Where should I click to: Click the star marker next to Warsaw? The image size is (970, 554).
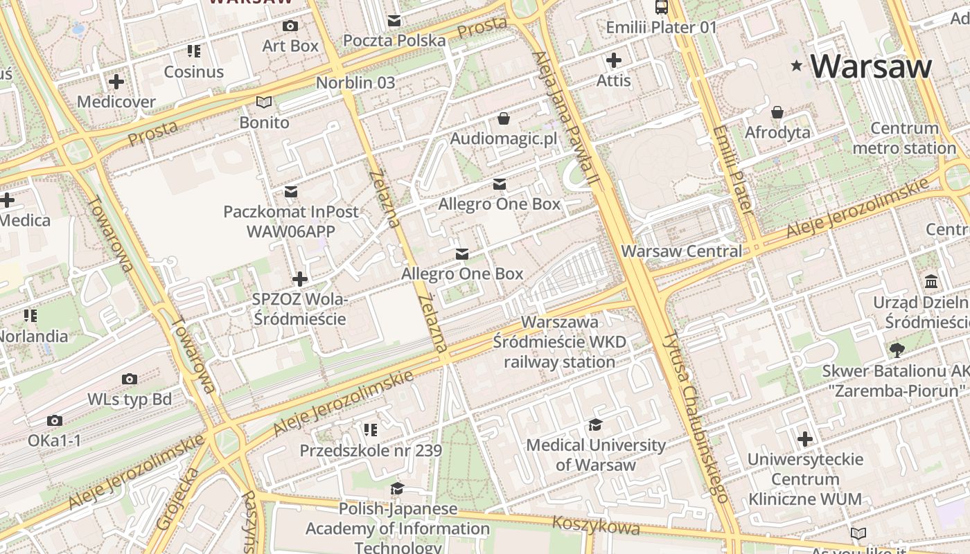point(797,66)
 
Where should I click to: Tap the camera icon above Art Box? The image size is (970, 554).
point(290,26)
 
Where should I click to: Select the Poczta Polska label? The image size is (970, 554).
point(394,40)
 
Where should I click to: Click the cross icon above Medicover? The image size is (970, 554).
point(116,82)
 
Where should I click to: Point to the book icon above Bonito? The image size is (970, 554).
point(264,102)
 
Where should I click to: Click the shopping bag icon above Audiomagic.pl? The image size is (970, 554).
point(504,119)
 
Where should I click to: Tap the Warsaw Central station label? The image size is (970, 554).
point(682,251)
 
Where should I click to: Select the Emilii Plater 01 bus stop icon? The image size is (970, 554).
point(661,8)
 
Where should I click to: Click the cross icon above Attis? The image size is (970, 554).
point(613,60)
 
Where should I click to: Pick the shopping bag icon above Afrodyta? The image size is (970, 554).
point(777,112)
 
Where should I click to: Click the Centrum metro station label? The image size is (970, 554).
point(904,138)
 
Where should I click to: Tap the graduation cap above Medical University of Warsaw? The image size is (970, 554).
point(595,425)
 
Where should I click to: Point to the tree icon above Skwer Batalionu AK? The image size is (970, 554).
point(897,350)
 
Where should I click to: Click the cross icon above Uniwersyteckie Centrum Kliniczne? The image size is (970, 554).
point(805,439)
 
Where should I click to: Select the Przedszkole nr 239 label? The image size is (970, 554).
point(370,451)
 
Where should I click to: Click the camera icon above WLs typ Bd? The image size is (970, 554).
point(130,379)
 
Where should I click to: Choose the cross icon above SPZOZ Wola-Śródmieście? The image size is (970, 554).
point(299,279)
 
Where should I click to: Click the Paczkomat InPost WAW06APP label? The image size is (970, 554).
point(291,221)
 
